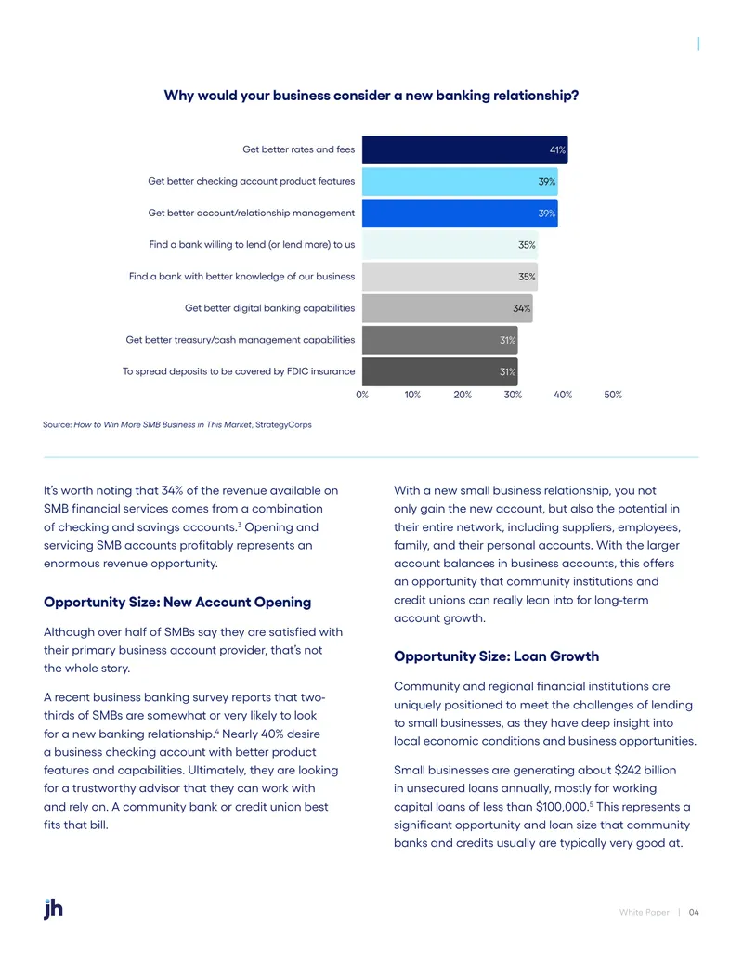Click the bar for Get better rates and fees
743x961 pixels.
tap(464, 149)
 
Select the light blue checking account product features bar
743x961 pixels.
tap(460, 181)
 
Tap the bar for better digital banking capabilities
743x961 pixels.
tap(448, 308)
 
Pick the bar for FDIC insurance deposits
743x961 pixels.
tap(440, 371)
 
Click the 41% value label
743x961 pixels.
tap(557, 150)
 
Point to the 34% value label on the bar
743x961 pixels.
tap(522, 308)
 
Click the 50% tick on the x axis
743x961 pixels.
tap(613, 395)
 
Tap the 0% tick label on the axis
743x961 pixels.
tap(362, 395)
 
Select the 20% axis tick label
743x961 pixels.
tap(463, 395)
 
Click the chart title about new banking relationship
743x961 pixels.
tap(371, 96)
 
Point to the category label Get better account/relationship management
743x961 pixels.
tap(252, 213)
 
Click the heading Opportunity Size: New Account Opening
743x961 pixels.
tap(177, 603)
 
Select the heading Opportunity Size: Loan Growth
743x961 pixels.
tap(497, 656)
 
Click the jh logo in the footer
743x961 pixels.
tap(53, 909)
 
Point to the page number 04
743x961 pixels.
tap(694, 912)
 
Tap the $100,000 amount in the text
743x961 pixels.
tap(562, 807)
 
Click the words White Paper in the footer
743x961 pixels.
tap(645, 912)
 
